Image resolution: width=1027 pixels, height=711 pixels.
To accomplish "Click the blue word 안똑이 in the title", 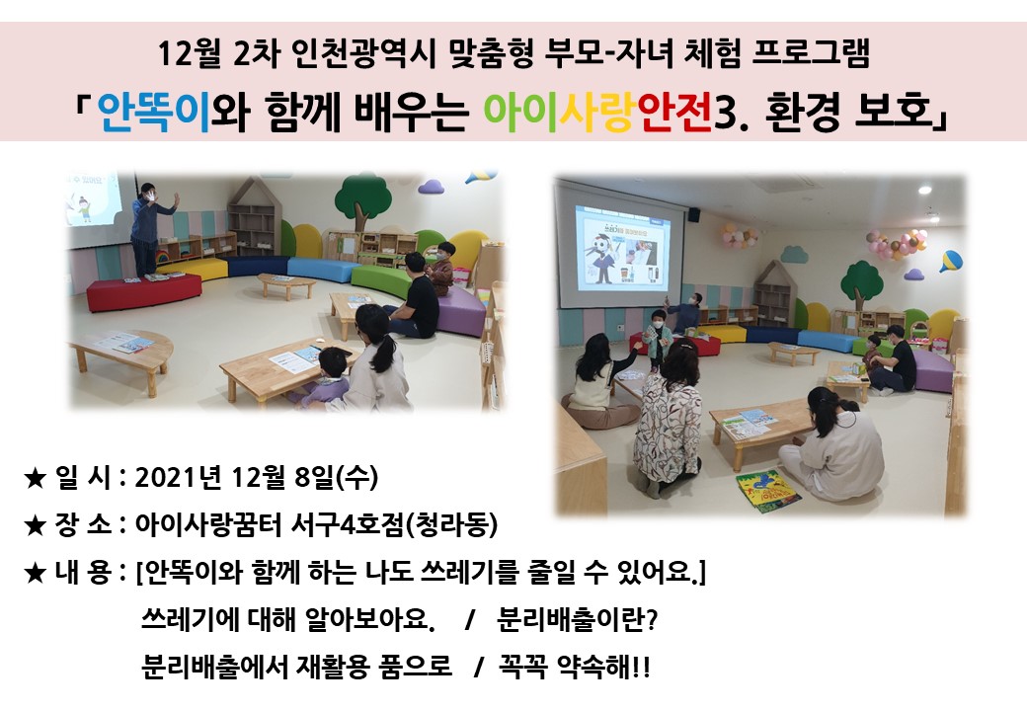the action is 154,112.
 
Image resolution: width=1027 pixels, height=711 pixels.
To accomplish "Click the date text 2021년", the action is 176,477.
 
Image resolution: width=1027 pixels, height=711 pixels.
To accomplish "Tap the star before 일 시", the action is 34,478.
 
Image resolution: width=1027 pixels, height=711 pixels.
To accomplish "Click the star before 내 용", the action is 34,573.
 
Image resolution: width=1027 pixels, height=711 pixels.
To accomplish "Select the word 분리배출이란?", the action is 577,619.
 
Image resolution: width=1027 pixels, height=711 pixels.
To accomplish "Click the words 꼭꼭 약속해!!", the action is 575,668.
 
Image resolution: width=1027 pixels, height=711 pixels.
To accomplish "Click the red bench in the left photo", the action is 144,290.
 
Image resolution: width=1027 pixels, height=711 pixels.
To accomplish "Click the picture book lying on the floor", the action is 767,491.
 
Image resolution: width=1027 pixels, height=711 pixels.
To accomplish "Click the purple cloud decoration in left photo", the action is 431,188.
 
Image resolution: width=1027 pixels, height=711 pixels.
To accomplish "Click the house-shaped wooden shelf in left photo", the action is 254,217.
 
